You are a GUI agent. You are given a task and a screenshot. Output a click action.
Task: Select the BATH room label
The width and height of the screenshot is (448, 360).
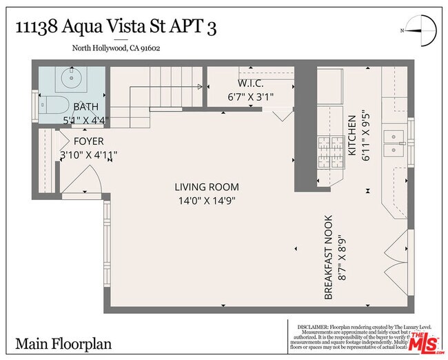pyautogui.click(x=86, y=107)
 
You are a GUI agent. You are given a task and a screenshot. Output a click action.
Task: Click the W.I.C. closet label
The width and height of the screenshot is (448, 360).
pyautogui.click(x=250, y=83)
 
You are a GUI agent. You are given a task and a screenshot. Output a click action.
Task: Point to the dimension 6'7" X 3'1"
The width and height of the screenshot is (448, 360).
pyautogui.click(x=250, y=97)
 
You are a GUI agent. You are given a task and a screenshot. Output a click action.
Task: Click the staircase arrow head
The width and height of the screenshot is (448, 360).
pyautogui.click(x=201, y=86)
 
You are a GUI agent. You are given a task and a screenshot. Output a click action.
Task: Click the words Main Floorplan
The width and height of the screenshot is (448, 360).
pyautogui.click(x=63, y=343)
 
